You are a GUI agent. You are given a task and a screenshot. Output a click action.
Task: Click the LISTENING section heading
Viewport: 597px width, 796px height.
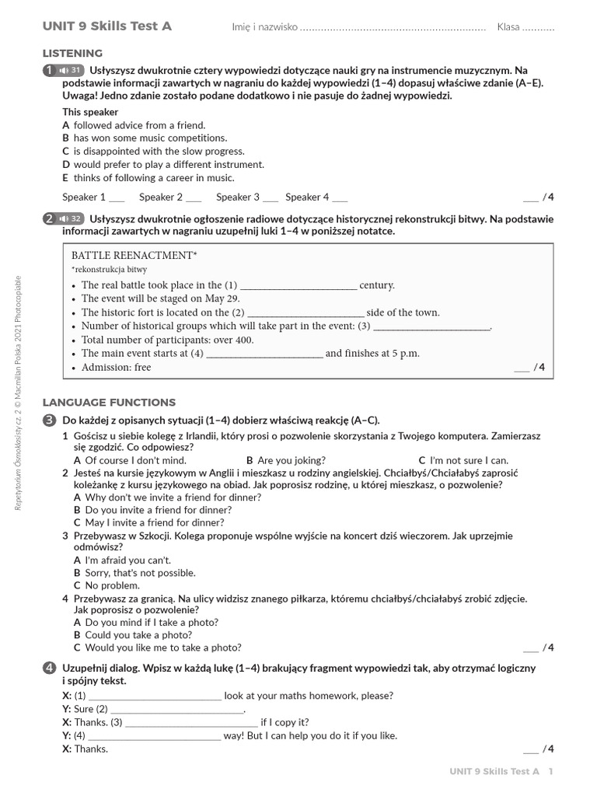point(72,54)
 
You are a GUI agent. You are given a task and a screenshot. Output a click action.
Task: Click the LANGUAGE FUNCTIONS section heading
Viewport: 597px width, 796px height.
point(109,403)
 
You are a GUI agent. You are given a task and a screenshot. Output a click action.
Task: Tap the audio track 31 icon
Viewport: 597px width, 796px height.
point(71,70)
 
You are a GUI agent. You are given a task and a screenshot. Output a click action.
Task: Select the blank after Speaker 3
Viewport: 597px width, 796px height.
point(271,197)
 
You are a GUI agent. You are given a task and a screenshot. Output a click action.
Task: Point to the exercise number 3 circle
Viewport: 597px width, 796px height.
point(49,421)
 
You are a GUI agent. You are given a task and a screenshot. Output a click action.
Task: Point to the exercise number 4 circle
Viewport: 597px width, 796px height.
point(49,669)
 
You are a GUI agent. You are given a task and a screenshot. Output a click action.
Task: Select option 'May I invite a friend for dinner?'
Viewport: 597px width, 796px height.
point(148,523)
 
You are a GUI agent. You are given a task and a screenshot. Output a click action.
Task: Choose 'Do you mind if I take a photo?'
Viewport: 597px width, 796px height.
point(145,622)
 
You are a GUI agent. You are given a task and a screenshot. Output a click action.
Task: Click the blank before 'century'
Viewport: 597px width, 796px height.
point(298,286)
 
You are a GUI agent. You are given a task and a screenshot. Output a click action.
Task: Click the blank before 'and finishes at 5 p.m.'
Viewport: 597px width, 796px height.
point(264,354)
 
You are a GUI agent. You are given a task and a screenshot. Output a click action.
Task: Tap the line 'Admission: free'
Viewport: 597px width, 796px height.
point(116,368)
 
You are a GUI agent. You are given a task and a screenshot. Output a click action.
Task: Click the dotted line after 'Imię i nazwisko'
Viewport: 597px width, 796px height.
point(393,28)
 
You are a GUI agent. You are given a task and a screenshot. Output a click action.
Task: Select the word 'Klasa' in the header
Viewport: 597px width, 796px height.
point(508,27)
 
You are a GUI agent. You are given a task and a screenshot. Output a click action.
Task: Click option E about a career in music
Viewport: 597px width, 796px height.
point(148,178)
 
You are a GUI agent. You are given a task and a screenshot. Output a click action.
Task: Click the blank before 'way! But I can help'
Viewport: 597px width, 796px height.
point(155,735)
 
